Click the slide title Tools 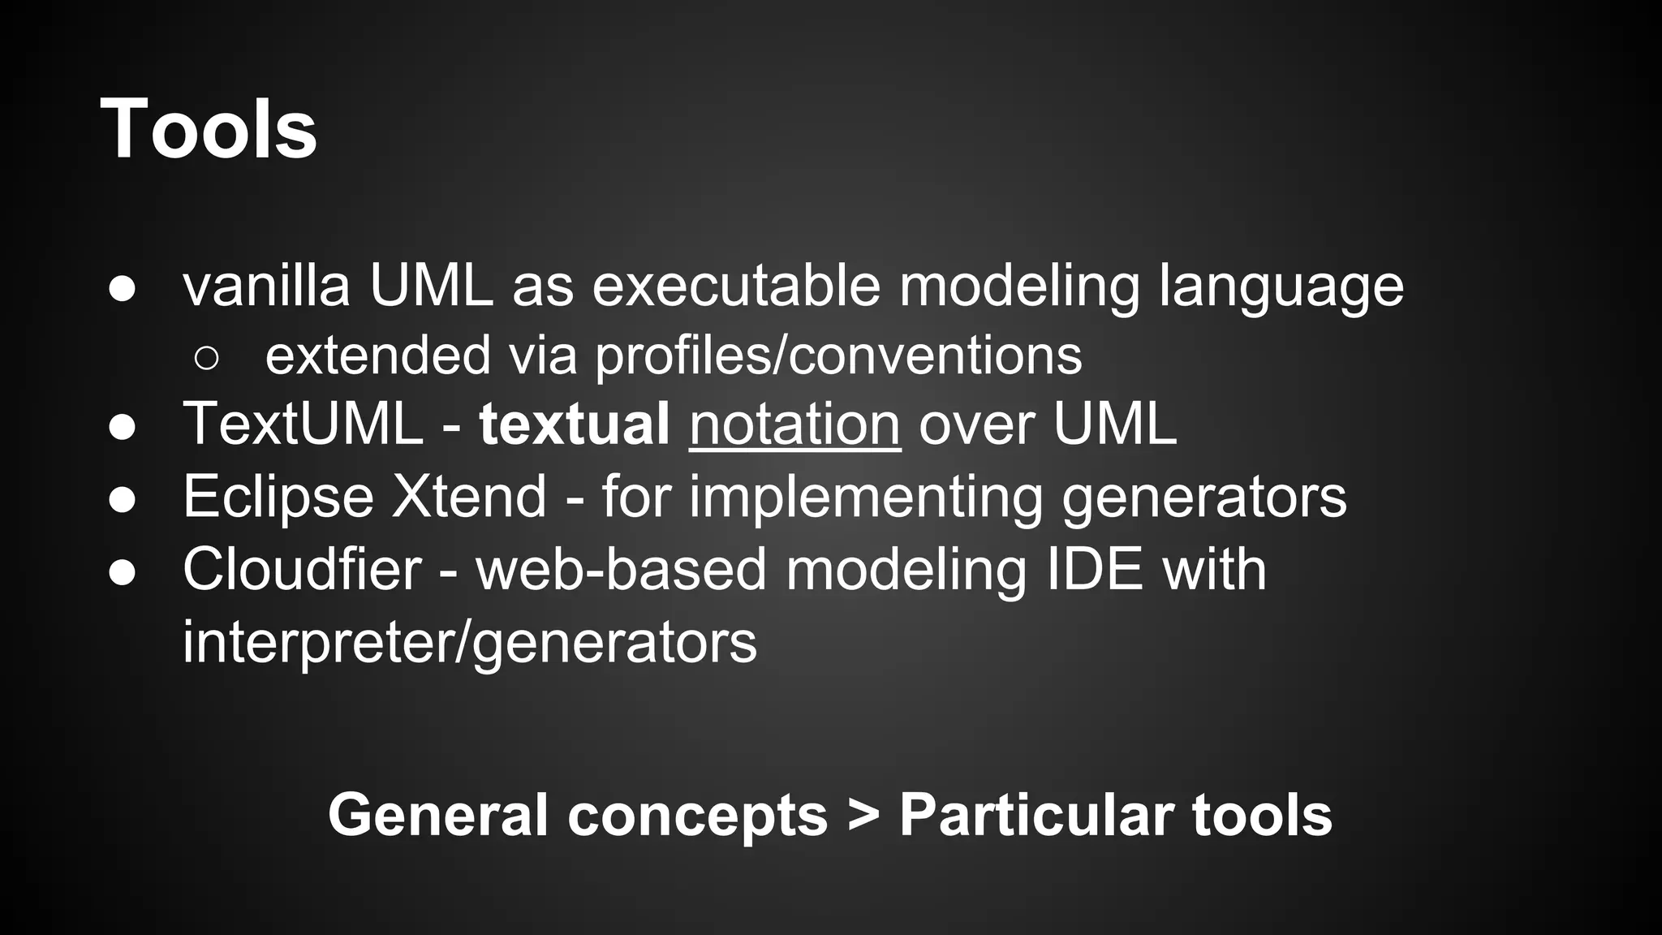tap(209, 130)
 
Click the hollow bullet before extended tap(207, 358)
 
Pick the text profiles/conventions tap(838, 356)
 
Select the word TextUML tap(303, 424)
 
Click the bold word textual tap(574, 424)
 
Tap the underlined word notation tap(794, 424)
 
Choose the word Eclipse tap(278, 497)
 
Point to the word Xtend tap(469, 497)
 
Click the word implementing tap(866, 497)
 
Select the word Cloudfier tap(302, 569)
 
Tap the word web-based tap(621, 569)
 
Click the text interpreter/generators tap(469, 642)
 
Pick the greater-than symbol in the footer tap(863, 815)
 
